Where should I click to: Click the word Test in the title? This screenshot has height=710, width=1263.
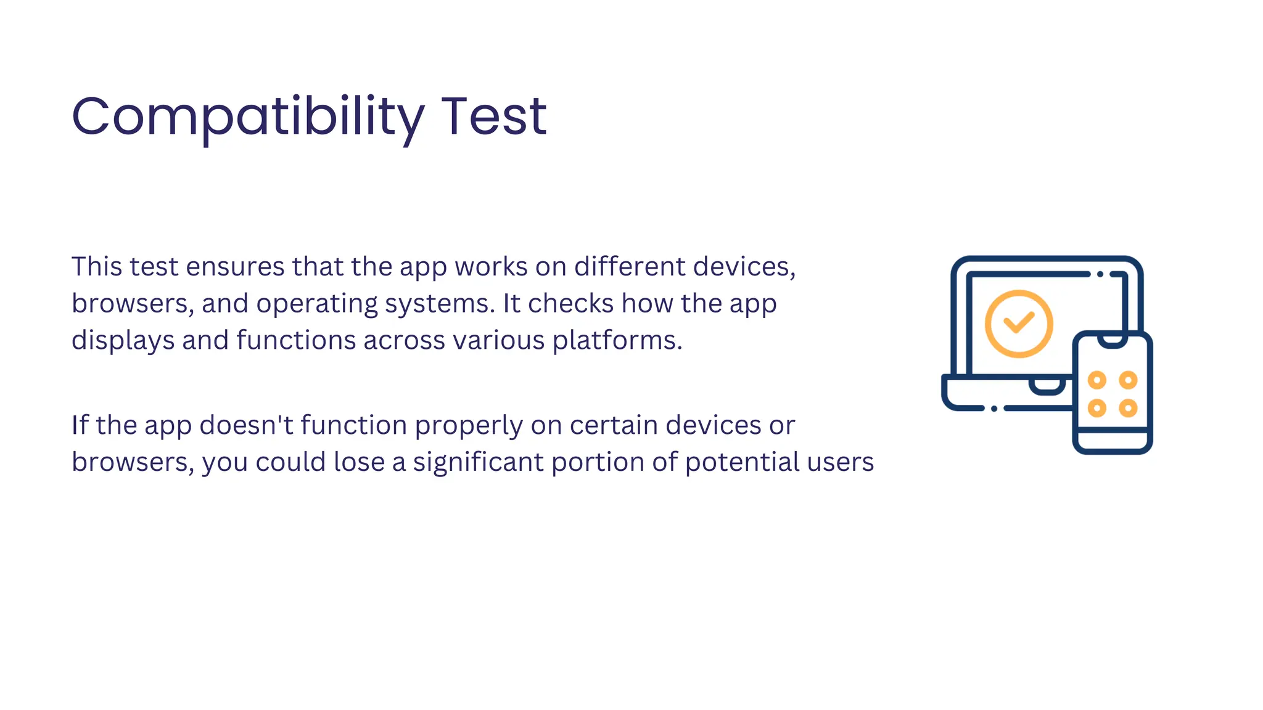point(493,117)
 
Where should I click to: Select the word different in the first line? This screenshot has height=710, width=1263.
point(630,267)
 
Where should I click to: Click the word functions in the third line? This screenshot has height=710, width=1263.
point(296,340)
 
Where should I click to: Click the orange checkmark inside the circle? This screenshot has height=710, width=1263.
point(1019,322)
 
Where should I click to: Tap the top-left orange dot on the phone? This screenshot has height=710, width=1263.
point(1096,380)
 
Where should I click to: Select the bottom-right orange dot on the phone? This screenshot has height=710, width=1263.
point(1128,408)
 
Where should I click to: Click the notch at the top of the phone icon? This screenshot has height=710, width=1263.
point(1113,341)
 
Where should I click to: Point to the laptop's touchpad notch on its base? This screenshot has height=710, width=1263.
point(1047,386)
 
